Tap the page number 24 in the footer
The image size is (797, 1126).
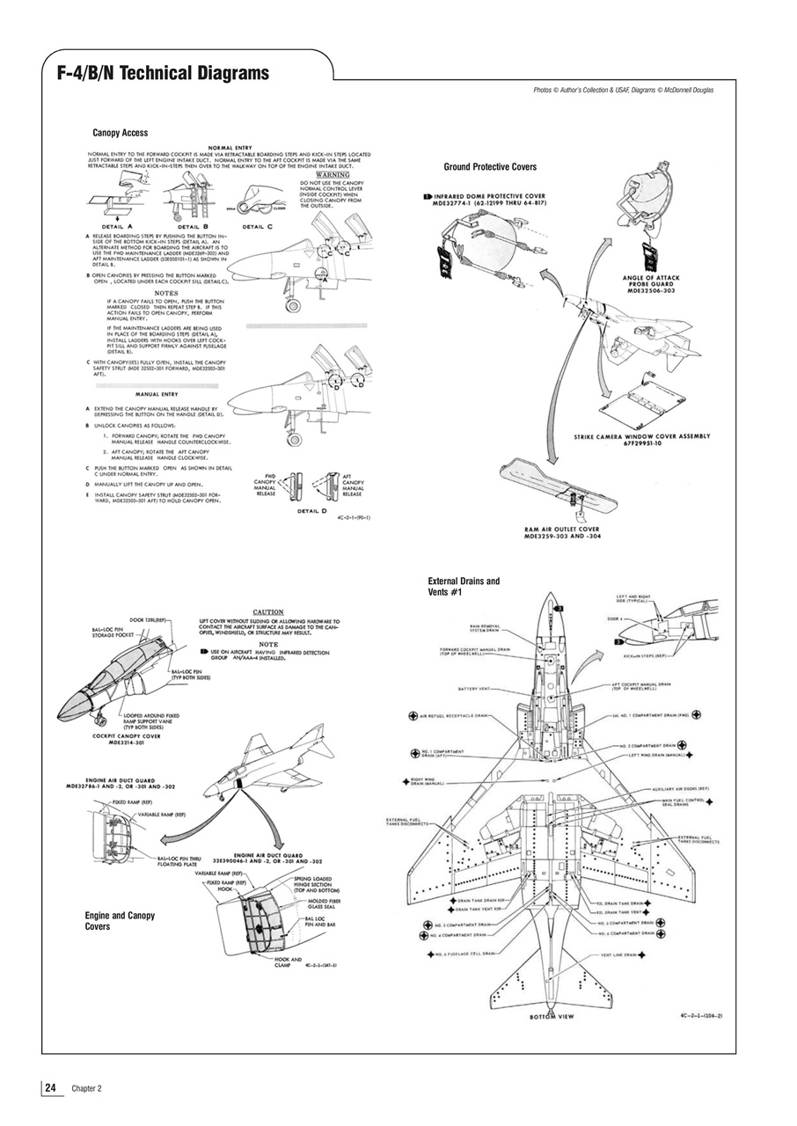[52, 1088]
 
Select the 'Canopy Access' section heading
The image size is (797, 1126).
[120, 133]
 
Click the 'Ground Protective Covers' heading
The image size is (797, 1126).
[490, 166]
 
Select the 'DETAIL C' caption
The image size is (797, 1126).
[258, 226]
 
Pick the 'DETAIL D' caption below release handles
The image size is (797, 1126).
[314, 510]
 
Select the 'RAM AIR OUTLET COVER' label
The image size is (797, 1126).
[561, 532]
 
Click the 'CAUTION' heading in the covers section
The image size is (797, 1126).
[268, 611]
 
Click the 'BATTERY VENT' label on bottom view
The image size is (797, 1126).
[473, 688]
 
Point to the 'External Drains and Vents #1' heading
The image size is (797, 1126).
[464, 587]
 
